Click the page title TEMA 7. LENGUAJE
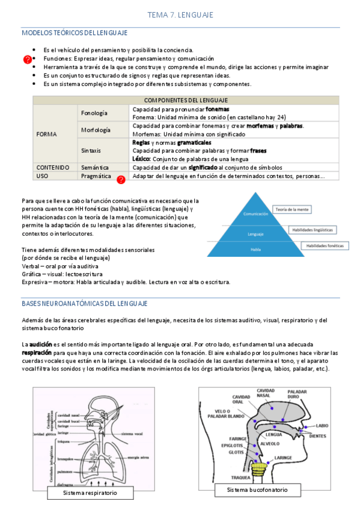point(180,14)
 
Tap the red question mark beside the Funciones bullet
point(27,60)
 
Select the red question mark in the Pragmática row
point(121,179)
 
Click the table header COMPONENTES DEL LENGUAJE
point(186,100)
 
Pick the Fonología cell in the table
point(94,113)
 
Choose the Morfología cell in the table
point(95,130)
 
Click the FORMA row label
point(47,134)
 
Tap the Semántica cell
point(95,167)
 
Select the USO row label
point(42,176)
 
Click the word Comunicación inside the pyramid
point(255,214)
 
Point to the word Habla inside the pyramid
point(255,248)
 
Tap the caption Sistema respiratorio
point(90,493)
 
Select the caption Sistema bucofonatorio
point(257,490)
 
